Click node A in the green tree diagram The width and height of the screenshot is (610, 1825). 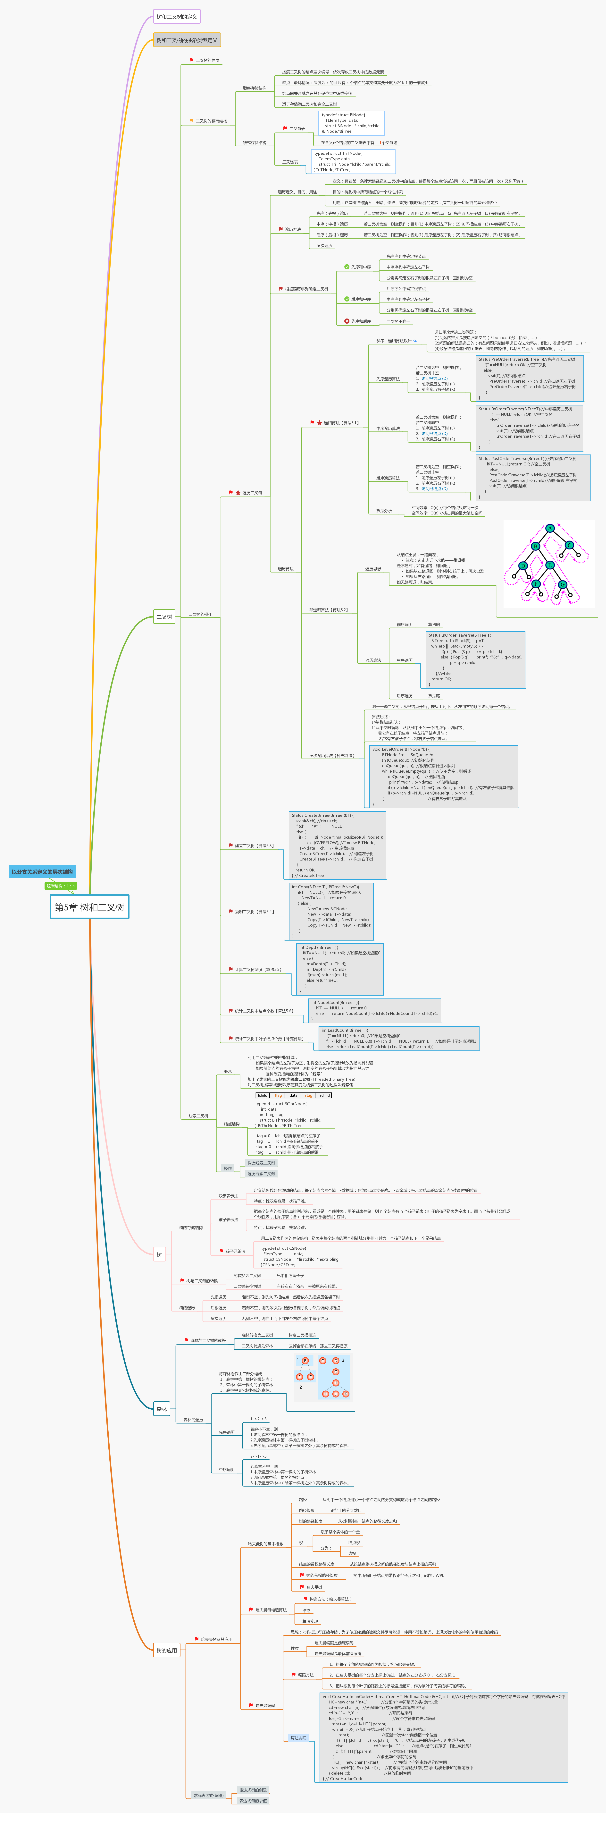click(550, 529)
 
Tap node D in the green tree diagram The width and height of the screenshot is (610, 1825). click(523, 565)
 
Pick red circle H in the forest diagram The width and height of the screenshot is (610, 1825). click(336, 1383)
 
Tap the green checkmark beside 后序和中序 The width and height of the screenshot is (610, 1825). click(347, 299)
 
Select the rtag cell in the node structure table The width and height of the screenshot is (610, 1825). click(309, 1095)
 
